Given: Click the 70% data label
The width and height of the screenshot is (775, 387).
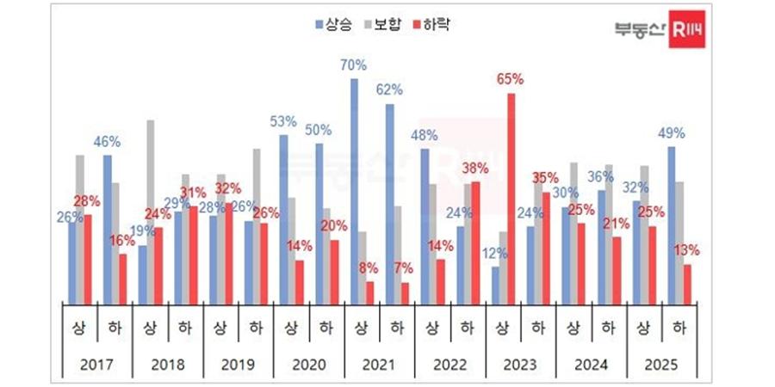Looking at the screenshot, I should (x=354, y=64).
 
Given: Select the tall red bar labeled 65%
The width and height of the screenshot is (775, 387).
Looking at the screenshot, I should (x=512, y=198).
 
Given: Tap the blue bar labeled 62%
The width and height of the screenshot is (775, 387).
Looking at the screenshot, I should (x=389, y=203).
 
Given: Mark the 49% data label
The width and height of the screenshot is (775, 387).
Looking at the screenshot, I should (x=672, y=133).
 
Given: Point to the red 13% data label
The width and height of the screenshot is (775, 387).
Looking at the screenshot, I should (x=687, y=250).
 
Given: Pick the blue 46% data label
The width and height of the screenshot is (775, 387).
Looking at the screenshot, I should (x=108, y=141).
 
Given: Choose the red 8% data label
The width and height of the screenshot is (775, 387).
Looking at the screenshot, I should (x=369, y=267).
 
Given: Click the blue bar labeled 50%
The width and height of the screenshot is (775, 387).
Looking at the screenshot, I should (x=319, y=223).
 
